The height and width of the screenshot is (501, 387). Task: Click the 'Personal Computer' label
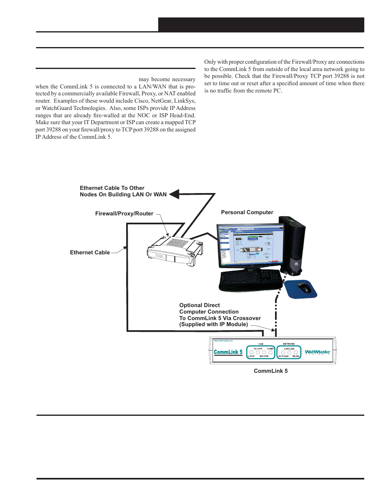(247, 212)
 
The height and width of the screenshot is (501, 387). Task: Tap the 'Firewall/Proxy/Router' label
(124, 213)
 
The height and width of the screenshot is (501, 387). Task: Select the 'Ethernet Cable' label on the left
(90, 252)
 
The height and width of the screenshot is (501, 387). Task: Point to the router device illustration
(174, 251)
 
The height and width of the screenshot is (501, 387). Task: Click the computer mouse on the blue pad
(304, 288)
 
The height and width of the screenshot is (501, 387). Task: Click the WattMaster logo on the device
(317, 352)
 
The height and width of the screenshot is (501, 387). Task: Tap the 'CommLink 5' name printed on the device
(228, 352)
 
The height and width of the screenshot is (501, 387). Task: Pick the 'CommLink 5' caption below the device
(271, 371)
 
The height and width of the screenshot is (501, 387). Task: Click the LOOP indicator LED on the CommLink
(252, 353)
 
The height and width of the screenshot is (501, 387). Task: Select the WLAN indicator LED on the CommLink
(296, 353)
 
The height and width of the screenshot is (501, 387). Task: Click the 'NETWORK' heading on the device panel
(289, 344)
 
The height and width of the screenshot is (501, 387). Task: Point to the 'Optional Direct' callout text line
(200, 305)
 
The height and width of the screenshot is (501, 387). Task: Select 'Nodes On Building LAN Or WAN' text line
(123, 194)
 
